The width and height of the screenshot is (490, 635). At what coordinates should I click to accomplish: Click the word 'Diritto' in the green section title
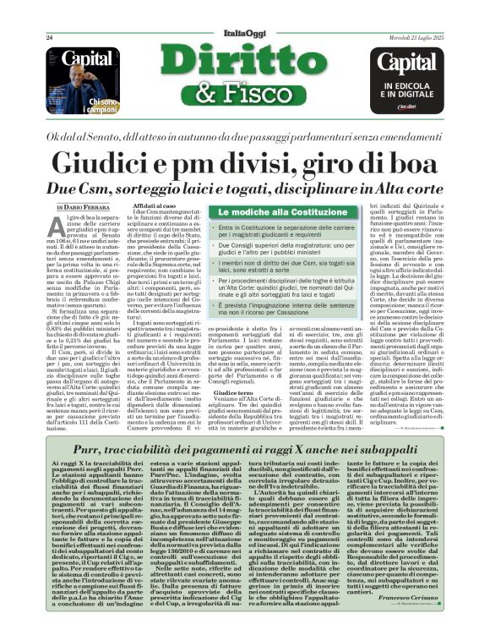244,60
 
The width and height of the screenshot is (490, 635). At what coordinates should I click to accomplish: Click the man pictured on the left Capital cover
69,97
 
